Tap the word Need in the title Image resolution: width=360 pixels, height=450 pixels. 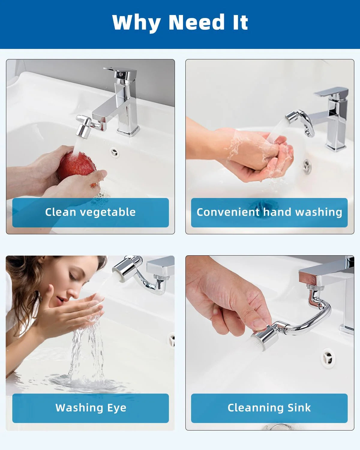tap(196, 22)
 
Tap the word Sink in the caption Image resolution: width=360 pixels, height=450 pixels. tap(299, 408)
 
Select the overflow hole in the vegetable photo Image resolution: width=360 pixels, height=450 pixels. tap(114, 153)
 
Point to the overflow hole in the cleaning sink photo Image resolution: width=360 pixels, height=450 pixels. tap(328, 357)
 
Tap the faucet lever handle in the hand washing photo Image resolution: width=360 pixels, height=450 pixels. tap(331, 91)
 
